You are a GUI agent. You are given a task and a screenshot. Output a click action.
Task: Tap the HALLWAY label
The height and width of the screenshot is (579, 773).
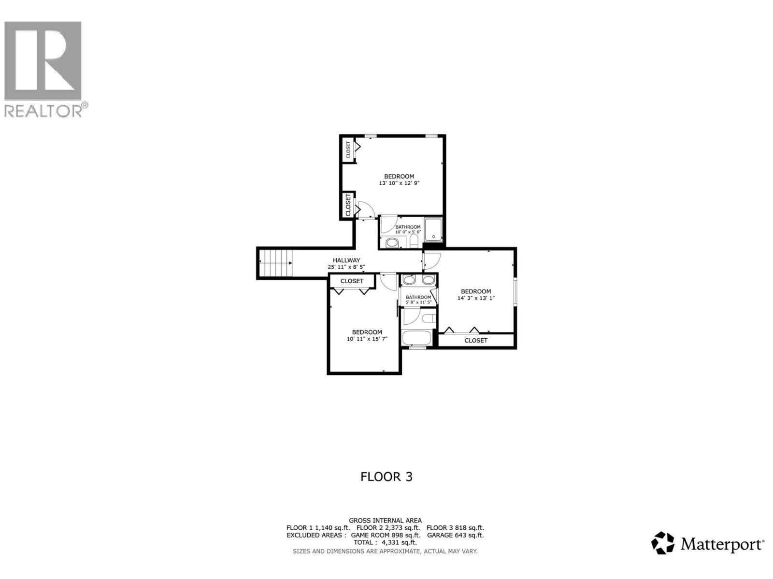[346, 260]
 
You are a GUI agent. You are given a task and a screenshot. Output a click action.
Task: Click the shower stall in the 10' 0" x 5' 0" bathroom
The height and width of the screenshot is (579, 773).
[433, 230]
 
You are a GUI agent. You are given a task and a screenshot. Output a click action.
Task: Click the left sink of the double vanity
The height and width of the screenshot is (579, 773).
[409, 280]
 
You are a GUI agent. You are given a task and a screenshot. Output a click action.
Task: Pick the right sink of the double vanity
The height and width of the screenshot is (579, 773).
[428, 280]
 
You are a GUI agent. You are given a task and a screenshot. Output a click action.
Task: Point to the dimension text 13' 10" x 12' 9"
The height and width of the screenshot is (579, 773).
[399, 183]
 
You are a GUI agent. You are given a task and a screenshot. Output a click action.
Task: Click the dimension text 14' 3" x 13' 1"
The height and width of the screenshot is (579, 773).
[476, 298]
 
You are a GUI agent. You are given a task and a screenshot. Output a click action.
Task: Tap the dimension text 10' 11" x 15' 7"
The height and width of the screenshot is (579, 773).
[367, 339]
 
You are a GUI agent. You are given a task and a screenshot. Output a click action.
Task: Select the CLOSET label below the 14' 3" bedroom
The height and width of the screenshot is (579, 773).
[476, 340]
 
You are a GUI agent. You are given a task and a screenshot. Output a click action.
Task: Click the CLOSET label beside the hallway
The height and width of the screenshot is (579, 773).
[352, 281]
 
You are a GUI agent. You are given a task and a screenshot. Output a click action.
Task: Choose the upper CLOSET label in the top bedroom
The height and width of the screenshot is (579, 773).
[348, 150]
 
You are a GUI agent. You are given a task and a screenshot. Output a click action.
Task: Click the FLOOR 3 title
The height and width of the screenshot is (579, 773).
[386, 477]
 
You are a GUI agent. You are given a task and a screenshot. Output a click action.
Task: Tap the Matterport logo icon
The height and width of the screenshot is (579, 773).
[663, 543]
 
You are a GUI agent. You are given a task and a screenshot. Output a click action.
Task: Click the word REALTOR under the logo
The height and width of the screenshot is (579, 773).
[43, 111]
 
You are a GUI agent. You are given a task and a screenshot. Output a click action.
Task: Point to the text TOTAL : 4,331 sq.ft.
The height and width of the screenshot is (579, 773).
[385, 542]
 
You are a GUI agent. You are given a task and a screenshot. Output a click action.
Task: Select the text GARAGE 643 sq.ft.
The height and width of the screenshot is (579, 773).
[455, 535]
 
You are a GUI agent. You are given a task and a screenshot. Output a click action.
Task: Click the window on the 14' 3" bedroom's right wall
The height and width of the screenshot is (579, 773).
[515, 291]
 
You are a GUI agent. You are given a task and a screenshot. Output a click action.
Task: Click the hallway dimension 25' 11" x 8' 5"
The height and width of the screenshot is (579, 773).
[346, 267]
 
